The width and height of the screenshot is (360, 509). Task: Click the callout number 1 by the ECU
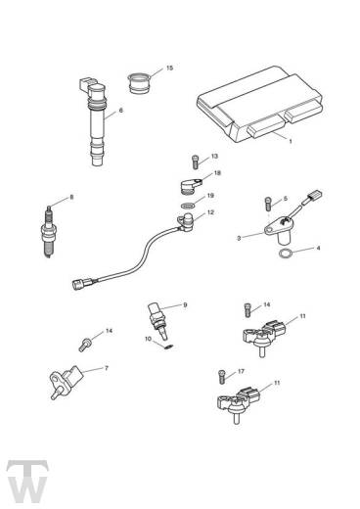(x=291, y=140)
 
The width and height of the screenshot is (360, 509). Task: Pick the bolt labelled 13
(x=196, y=161)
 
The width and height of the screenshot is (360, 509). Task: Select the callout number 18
(x=217, y=173)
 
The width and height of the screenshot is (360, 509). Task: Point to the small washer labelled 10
(x=166, y=341)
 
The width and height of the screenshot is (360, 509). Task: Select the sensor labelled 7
(x=63, y=380)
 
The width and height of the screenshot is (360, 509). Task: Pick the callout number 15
(x=169, y=68)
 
